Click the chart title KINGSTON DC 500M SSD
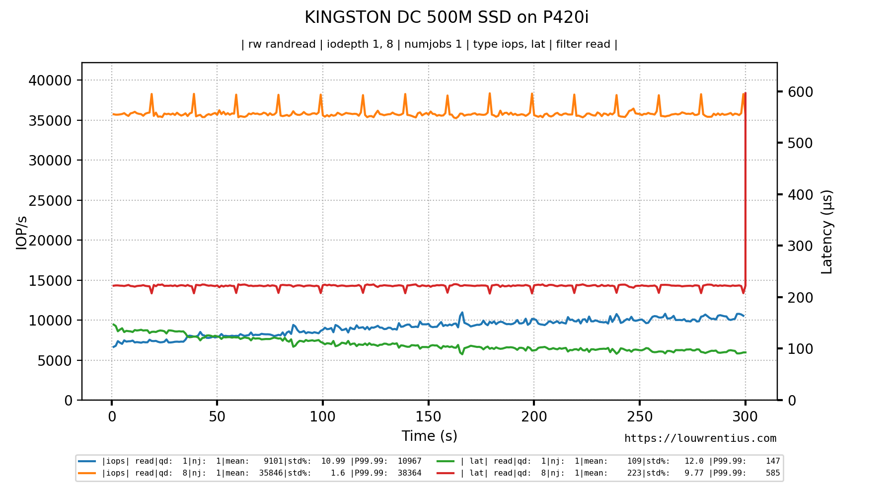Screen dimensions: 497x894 446,17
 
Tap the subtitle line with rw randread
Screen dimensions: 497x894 429,44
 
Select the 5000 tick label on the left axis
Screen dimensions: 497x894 55,361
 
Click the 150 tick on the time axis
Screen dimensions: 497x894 428,416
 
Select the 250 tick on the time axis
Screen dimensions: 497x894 639,416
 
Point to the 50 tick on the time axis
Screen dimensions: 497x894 217,416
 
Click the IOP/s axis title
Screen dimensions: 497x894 21,233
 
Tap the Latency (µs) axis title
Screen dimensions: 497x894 827,232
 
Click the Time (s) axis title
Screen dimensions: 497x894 429,436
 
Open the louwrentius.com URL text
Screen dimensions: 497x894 700,438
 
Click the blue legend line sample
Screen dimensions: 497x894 87,461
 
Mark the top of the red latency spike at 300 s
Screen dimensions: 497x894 745,93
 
